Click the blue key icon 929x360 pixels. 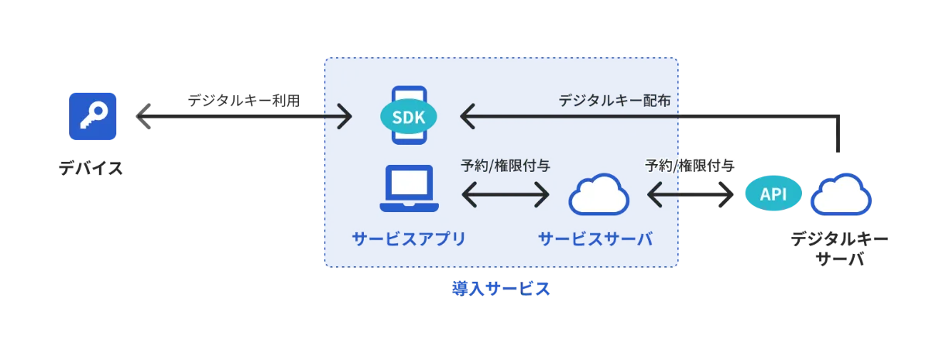pos(93,116)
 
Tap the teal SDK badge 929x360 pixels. pos(409,117)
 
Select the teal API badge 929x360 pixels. pos(773,194)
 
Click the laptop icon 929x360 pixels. pos(409,189)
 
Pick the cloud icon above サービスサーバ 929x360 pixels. pos(598,194)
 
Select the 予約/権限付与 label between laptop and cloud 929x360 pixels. pos(505,165)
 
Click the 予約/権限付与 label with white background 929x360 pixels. pos(689,165)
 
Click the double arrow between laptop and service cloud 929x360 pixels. pos(505,194)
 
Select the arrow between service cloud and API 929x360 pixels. pos(689,194)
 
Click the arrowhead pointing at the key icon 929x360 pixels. pos(139,116)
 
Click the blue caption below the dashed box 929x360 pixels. pos(501,289)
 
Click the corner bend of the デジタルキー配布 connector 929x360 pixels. pos(839,117)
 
